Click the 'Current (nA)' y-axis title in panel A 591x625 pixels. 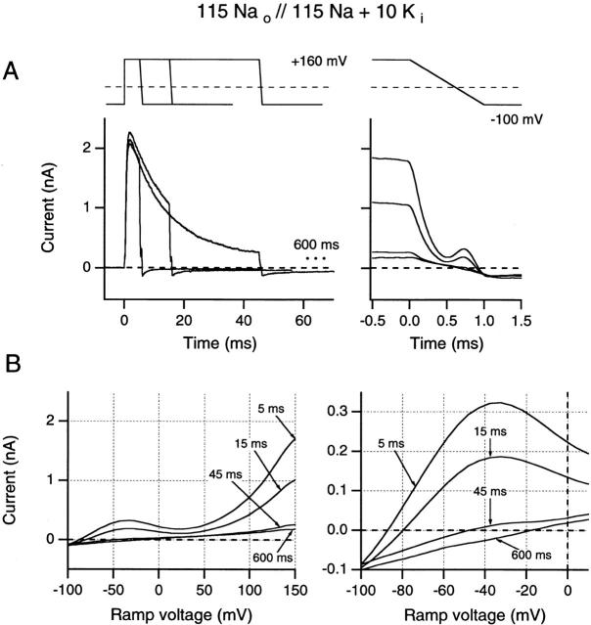(x=66, y=208)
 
